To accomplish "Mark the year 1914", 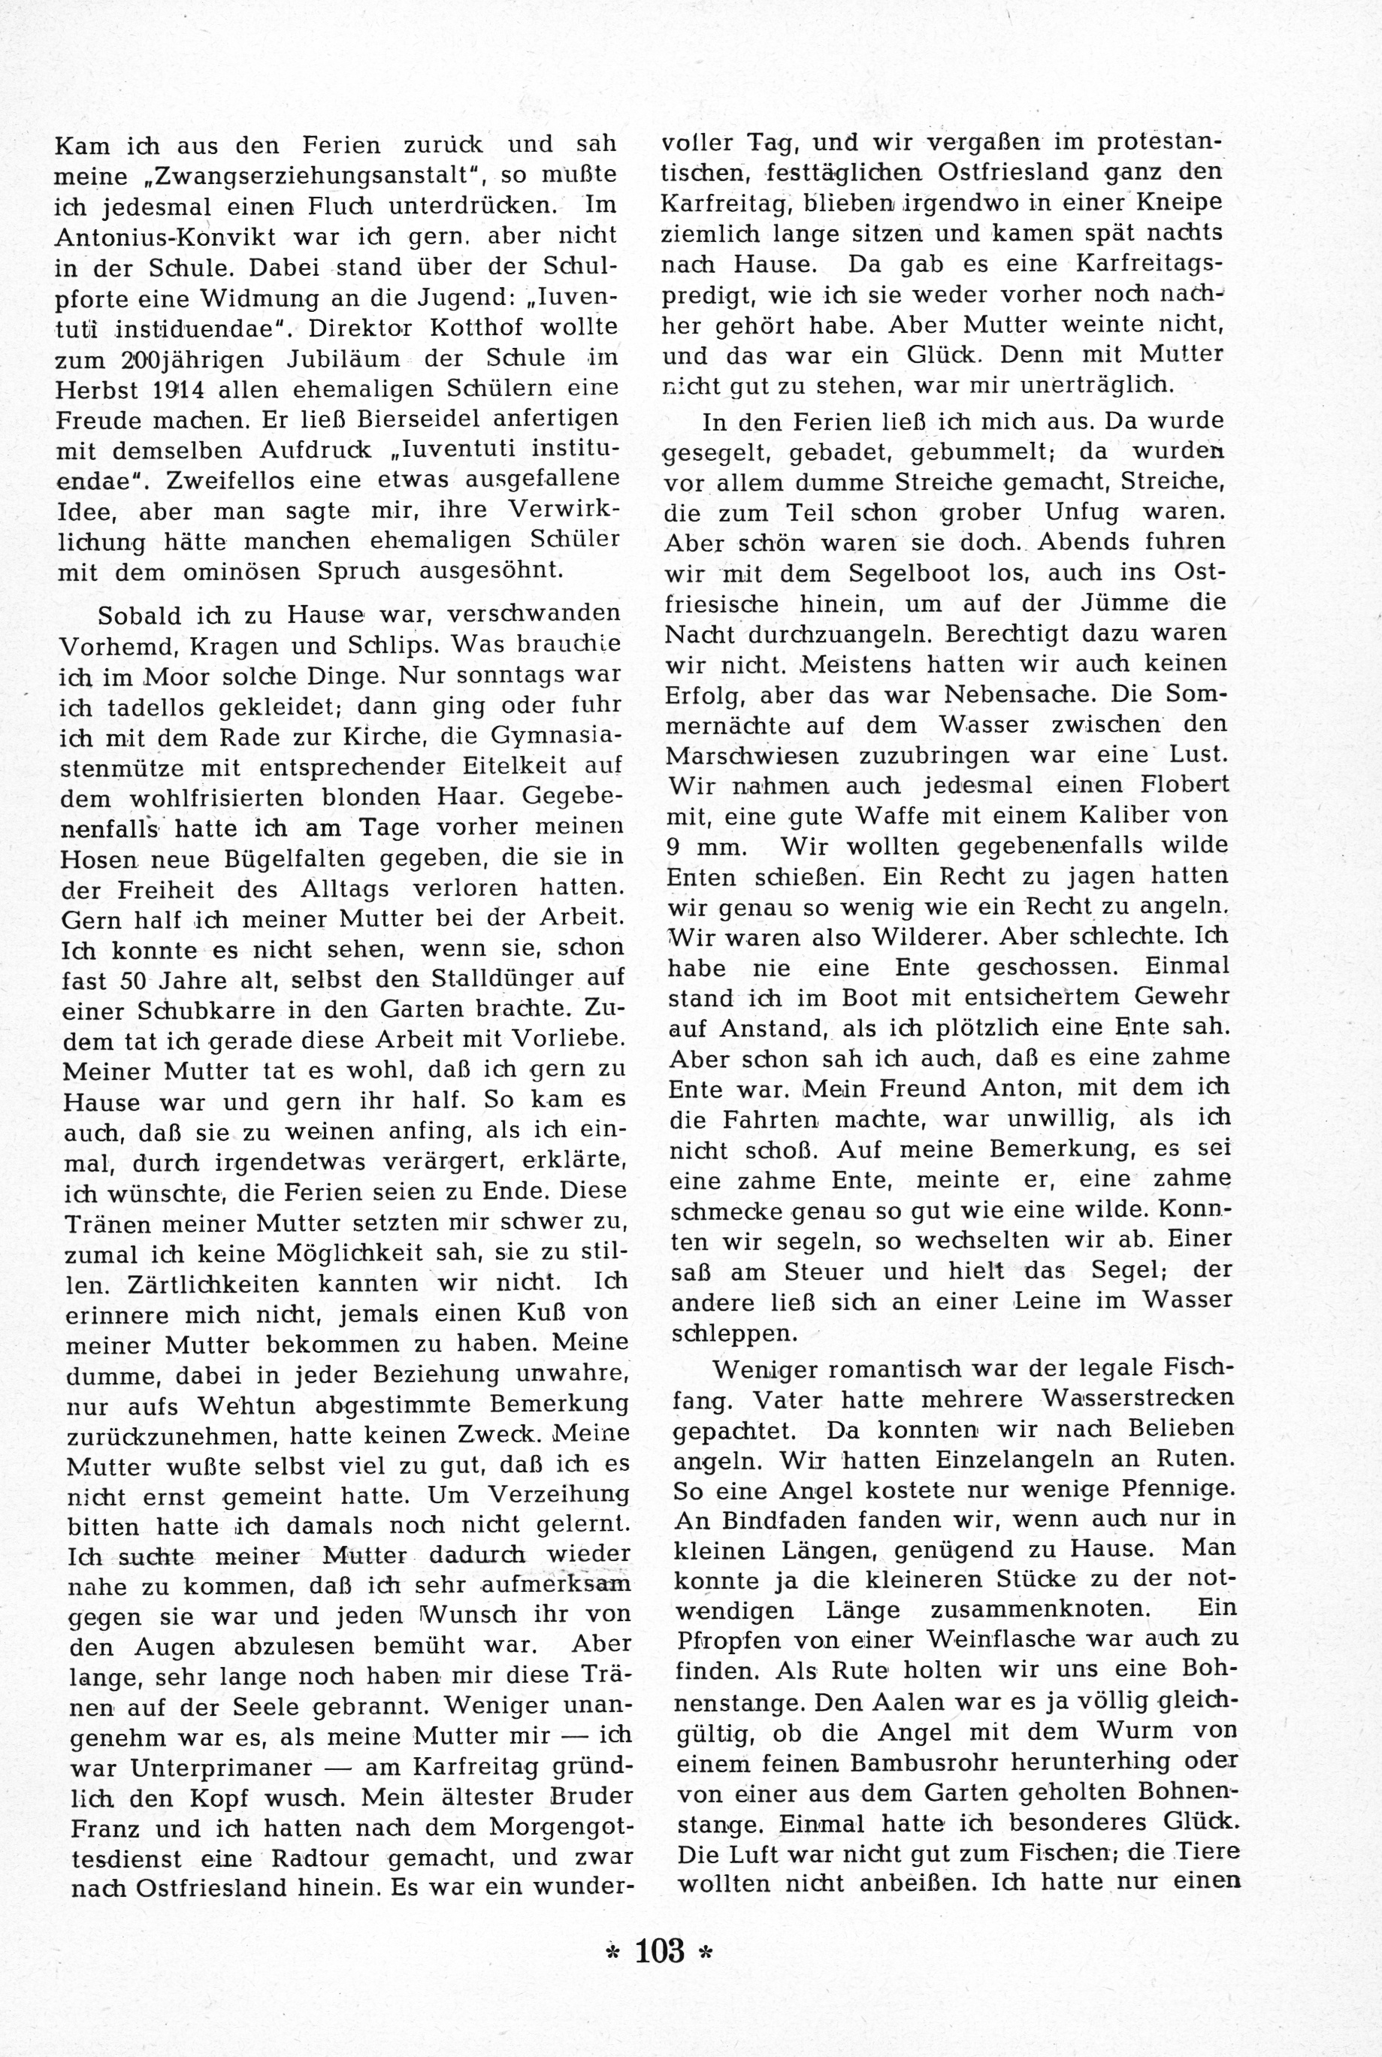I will [184, 389].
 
